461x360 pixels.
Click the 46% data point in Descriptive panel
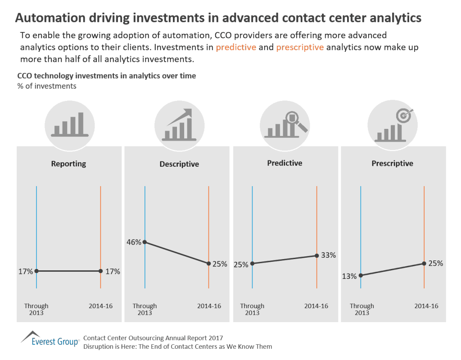click(145, 242)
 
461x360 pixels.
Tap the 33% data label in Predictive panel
click(329, 255)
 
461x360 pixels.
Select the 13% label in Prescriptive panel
click(349, 276)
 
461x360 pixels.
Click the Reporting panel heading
click(68, 164)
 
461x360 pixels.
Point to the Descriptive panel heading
click(179, 164)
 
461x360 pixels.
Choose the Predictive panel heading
click(285, 163)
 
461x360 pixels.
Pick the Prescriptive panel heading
click(392, 163)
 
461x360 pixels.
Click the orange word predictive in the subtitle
click(236, 47)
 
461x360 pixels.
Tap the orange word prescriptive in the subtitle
click(300, 47)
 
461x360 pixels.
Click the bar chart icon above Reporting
click(69, 123)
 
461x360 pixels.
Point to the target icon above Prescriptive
click(404, 116)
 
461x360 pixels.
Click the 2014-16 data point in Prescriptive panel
click(424, 264)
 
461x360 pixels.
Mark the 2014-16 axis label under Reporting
click(100, 306)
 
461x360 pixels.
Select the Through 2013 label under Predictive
click(252, 309)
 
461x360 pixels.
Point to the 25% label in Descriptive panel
click(219, 264)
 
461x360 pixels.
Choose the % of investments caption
click(47, 86)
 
